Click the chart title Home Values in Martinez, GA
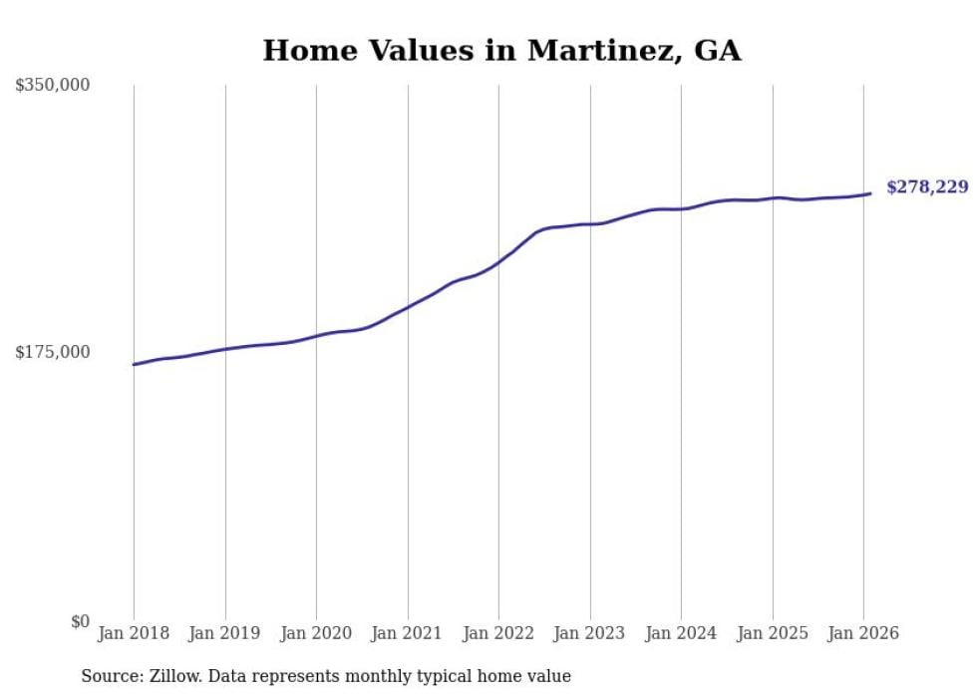pos(501,51)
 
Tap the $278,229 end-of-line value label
pos(926,186)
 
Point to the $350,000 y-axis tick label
pos(52,85)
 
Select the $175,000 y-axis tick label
pos(52,352)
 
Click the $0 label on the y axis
pos(80,621)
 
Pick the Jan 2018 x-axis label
pos(134,633)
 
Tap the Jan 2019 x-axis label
pos(224,633)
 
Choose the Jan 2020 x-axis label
pos(316,633)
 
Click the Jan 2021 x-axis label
pos(407,633)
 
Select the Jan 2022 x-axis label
pos(498,633)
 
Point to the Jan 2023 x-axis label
pos(589,633)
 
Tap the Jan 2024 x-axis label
pos(681,633)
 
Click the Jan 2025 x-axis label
pos(772,633)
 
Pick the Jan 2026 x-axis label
pos(863,633)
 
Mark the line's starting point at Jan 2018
pos(134,364)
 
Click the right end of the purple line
pos(870,193)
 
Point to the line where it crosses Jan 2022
pos(498,262)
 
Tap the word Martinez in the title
pos(599,51)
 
